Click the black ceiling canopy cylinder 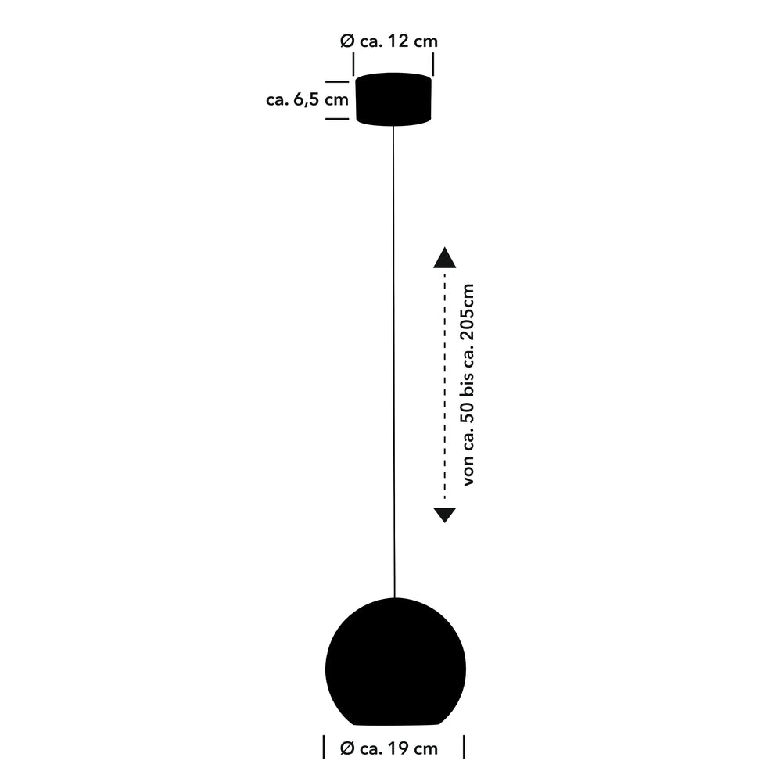point(393,99)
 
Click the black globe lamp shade point(396,662)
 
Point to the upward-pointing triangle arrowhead point(444,257)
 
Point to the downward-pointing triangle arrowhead point(444,515)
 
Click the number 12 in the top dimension point(397,41)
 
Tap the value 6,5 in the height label point(307,100)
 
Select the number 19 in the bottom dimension point(397,748)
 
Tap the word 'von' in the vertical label point(468,473)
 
